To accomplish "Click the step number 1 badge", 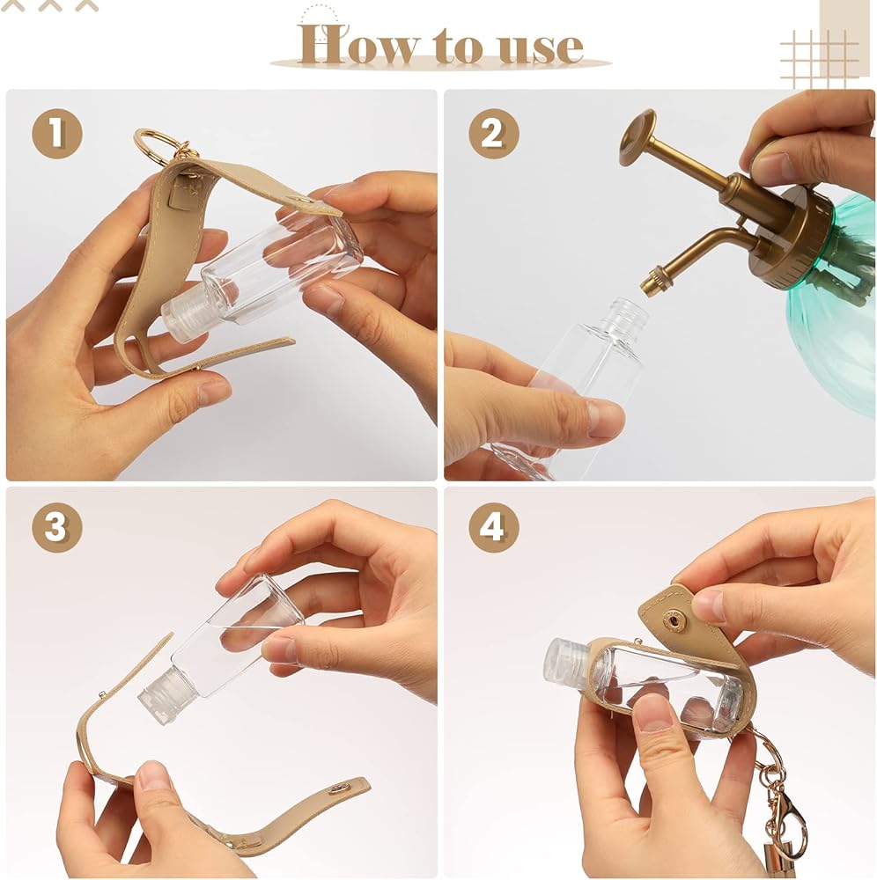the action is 56,134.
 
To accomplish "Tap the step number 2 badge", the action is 493,134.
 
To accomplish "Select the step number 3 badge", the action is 56,527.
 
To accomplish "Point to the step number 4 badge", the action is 493,527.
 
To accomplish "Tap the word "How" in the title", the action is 358,44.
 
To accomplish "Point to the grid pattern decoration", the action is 819,59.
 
